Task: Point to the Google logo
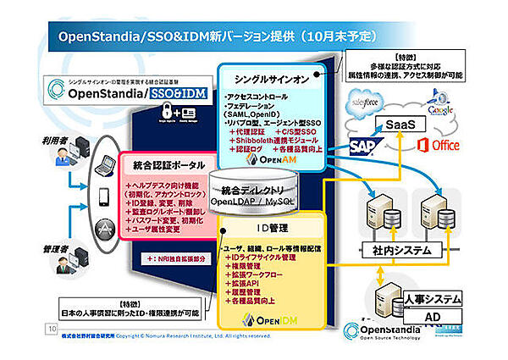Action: [x=438, y=108]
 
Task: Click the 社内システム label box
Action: [x=397, y=251]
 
